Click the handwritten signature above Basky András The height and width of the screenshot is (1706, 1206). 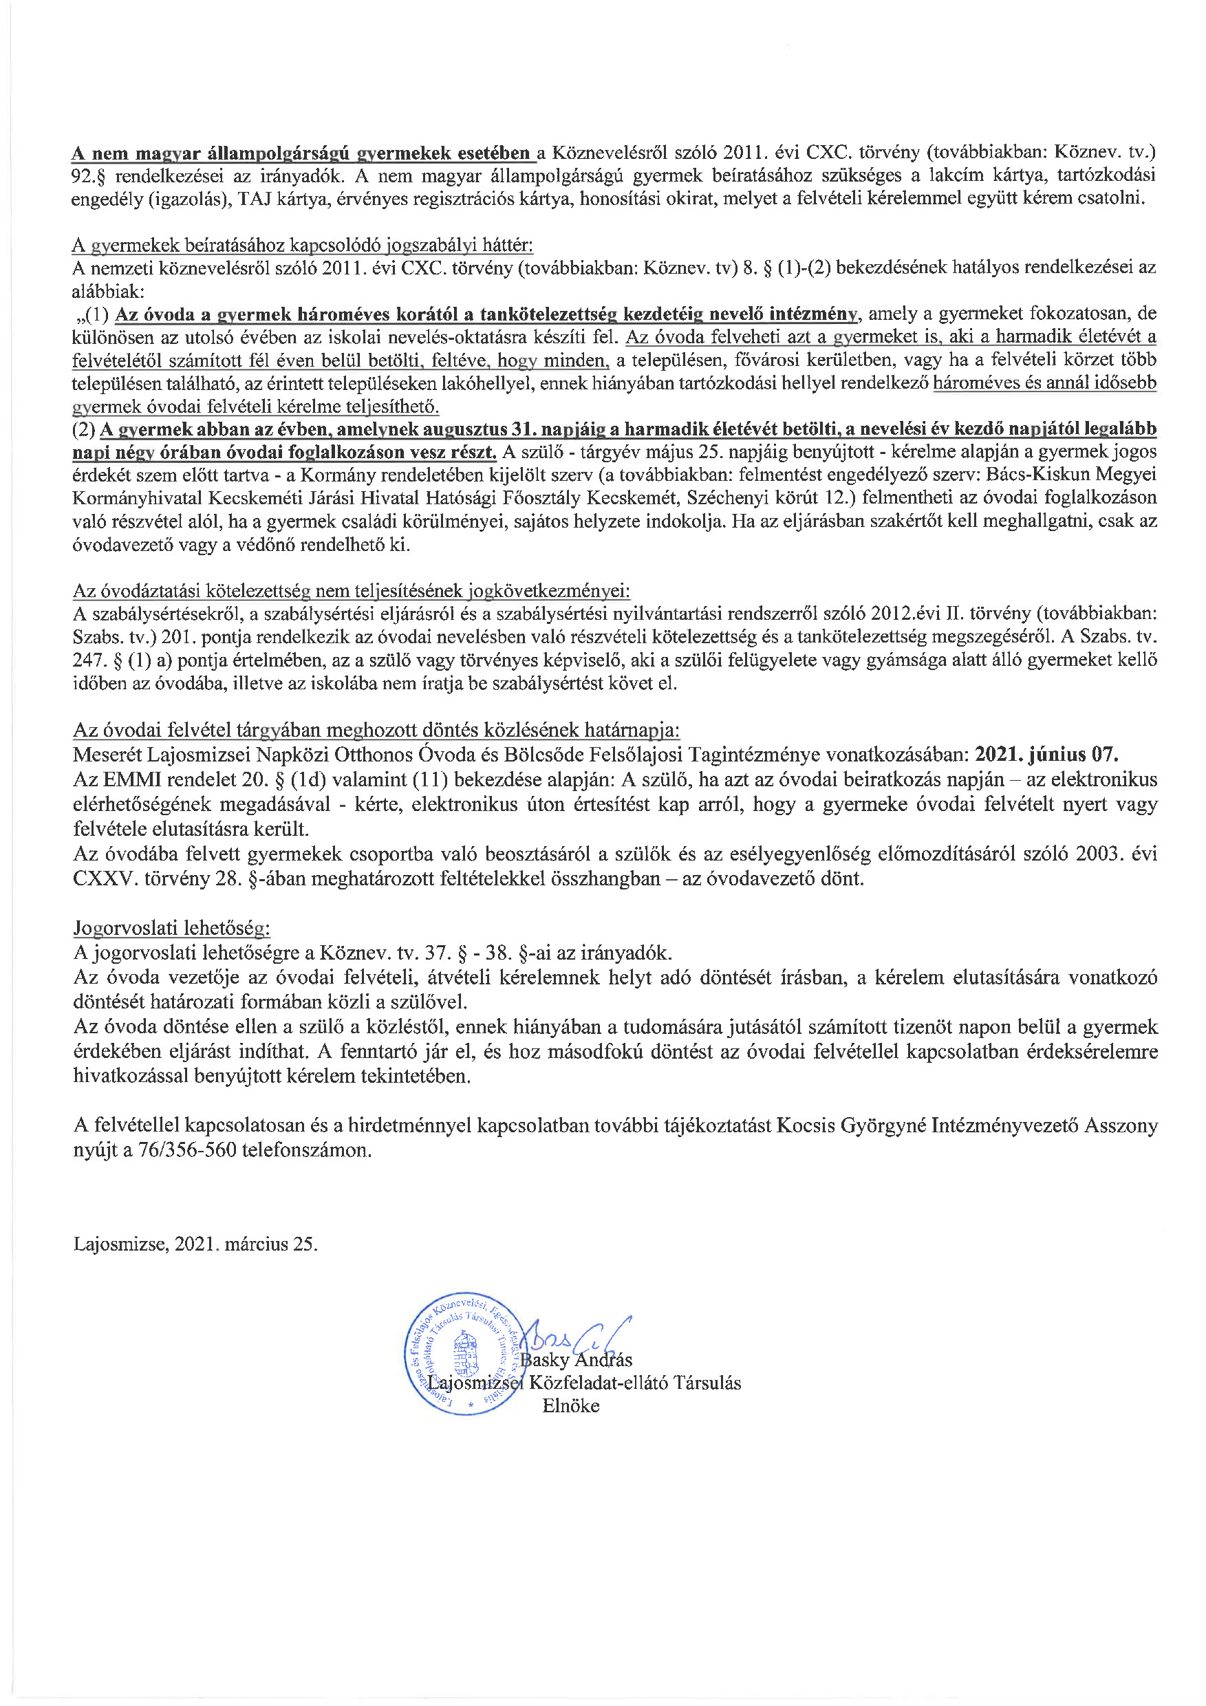[575, 1338]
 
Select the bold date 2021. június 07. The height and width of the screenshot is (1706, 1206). [1046, 755]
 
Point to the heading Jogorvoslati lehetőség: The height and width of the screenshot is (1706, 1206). [172, 928]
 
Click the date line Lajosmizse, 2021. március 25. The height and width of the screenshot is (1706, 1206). [195, 1244]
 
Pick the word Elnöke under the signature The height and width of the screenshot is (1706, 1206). [571, 1405]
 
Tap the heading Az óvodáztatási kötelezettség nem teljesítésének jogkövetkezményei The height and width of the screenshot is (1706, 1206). [352, 591]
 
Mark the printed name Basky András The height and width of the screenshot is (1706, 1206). [577, 1361]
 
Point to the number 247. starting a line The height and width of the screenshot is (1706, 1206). [89, 660]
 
